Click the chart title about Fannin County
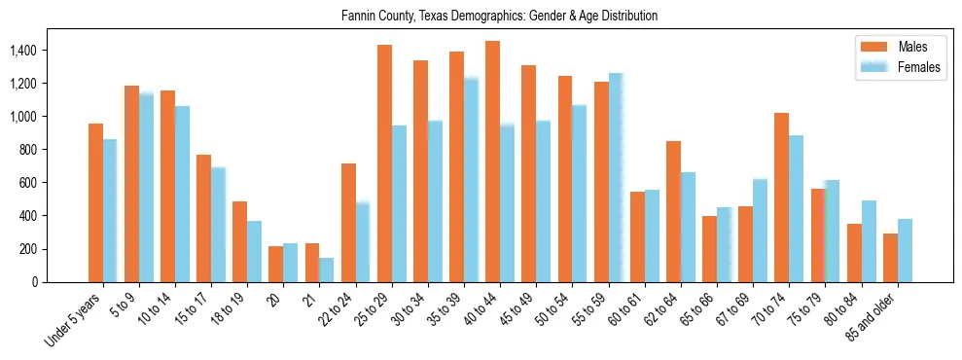click(499, 17)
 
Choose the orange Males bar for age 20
click(276, 264)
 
